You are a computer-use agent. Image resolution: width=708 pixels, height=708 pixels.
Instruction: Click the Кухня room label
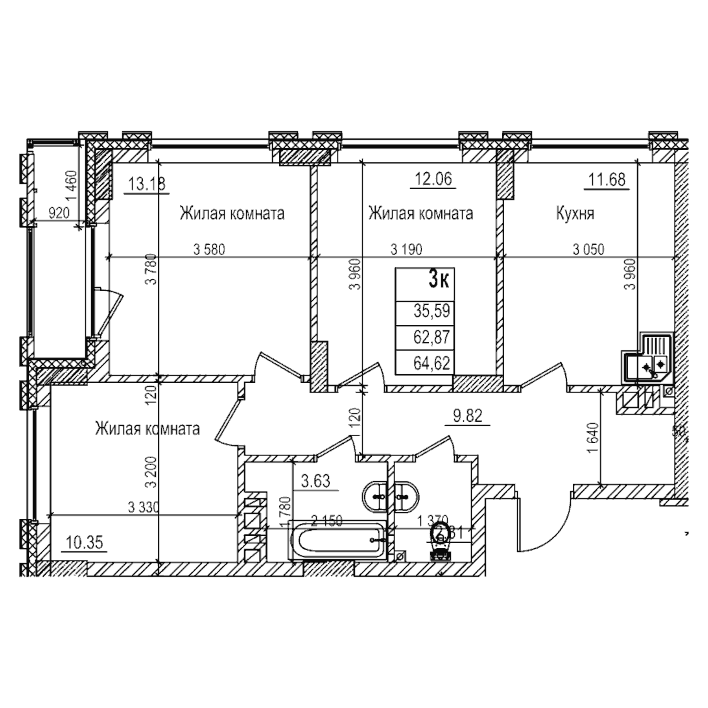point(575,214)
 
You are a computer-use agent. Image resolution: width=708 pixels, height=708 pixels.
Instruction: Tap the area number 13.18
point(146,184)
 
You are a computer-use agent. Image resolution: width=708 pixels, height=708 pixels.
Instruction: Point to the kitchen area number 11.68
point(607,180)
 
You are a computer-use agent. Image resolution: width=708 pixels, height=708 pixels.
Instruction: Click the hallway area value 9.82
point(467,416)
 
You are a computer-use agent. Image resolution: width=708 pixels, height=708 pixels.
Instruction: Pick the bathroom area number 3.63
point(315,481)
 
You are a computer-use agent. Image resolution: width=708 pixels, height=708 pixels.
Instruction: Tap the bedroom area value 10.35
point(85,542)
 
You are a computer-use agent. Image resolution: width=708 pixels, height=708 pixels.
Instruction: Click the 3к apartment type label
point(439,281)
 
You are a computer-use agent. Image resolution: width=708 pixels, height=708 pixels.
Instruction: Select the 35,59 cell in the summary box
point(431,311)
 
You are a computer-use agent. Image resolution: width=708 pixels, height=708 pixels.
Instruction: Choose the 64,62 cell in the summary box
point(431,363)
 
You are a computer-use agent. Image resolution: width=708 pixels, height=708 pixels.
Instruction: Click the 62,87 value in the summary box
point(431,337)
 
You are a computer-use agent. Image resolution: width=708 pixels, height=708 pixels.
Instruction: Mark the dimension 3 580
point(209,249)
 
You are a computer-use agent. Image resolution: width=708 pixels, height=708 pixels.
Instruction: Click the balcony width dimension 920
point(59,213)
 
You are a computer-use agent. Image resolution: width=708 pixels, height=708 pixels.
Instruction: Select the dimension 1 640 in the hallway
point(594,437)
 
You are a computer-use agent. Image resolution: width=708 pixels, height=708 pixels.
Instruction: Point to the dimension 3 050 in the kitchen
point(588,249)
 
